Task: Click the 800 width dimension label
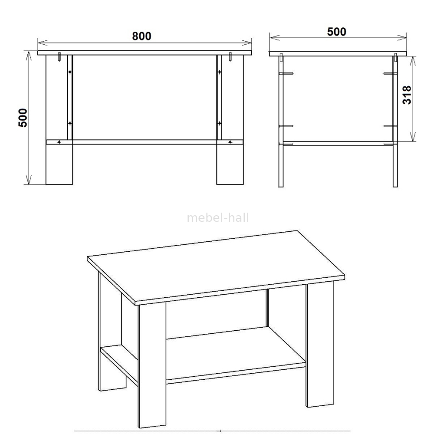tap(142, 36)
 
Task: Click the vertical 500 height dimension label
tap(23, 118)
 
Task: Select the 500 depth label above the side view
tap(337, 32)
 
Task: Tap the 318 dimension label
tap(407, 95)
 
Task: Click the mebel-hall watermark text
tap(218, 218)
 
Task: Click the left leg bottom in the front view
tap(59, 164)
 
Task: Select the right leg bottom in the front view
tap(230, 164)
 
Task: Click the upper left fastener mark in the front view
tap(70, 72)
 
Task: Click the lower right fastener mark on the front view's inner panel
tap(220, 123)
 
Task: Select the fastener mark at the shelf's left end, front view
tap(59, 142)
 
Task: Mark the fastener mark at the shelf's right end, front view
tap(230, 142)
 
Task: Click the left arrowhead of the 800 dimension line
tap(43, 43)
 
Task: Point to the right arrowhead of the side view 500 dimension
tap(402, 38)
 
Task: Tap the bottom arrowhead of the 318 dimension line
tap(413, 137)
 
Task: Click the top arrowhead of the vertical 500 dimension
tap(29, 56)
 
